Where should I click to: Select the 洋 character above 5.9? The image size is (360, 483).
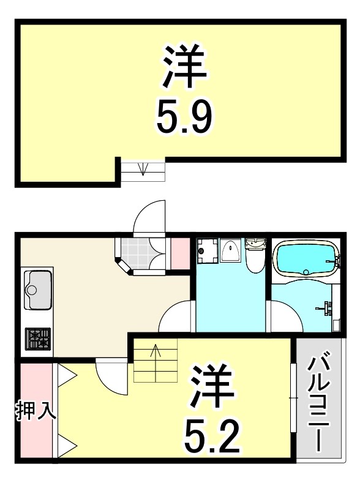click(184, 65)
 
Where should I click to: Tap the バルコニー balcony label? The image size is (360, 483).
click(317, 404)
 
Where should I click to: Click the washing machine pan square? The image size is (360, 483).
click(207, 250)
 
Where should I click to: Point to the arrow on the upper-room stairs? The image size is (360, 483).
click(143, 168)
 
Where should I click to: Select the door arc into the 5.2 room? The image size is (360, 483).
click(110, 376)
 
